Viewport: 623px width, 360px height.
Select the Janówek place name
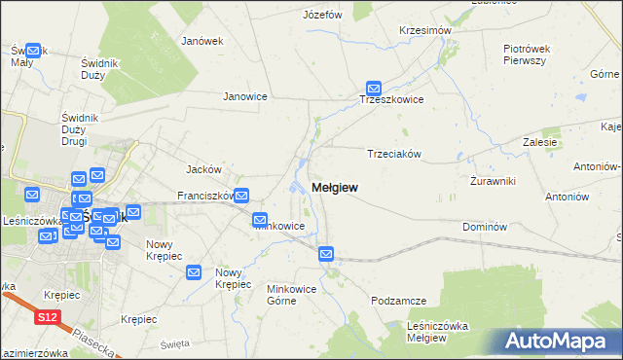click(x=202, y=41)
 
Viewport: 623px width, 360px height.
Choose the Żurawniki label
click(x=492, y=181)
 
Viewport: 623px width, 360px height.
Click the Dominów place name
click(x=485, y=226)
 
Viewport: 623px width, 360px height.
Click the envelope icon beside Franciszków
click(x=240, y=196)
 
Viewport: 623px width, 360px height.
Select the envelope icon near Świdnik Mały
click(x=34, y=51)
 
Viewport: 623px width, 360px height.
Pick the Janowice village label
click(x=245, y=96)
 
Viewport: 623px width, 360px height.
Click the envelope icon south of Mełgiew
click(x=326, y=255)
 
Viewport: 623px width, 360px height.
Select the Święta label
click(x=175, y=343)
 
